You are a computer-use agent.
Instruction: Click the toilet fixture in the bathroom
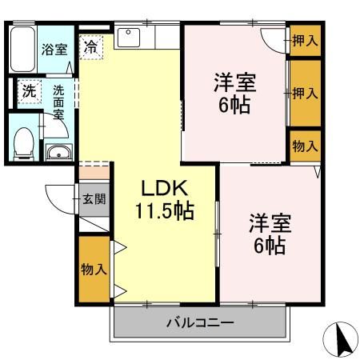[24, 144]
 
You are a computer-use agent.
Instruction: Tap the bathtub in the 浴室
[23, 49]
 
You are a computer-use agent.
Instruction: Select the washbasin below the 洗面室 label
[58, 152]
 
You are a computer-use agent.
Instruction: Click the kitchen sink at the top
[129, 38]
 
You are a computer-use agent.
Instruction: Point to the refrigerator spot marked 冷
[91, 47]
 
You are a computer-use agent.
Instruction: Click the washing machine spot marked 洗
[30, 91]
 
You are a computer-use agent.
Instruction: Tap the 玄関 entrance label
[94, 199]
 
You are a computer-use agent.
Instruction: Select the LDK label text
[165, 188]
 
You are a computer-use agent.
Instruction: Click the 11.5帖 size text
[165, 210]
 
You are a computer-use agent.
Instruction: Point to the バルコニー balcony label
[200, 322]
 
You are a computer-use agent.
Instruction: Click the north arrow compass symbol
[341, 339]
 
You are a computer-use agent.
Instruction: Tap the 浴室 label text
[54, 50]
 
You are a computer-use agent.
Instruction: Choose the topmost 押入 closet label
[305, 41]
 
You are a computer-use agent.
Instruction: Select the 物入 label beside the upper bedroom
[305, 146]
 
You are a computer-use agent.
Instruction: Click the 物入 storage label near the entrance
[94, 269]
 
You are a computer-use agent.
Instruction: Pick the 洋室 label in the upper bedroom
[235, 82]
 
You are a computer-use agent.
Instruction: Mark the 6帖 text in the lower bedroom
[270, 246]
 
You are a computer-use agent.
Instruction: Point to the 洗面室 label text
[58, 102]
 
